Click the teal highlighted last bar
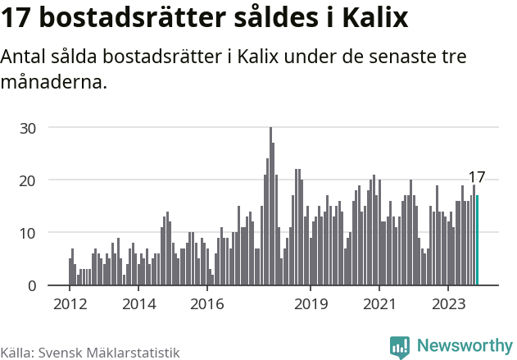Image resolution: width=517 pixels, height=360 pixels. click(x=477, y=240)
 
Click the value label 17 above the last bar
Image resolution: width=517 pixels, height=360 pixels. click(x=477, y=177)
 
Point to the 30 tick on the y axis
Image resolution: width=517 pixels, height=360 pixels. click(x=29, y=128)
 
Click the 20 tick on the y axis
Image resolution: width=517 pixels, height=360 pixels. click(x=29, y=180)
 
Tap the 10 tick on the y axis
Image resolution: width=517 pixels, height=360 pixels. click(x=29, y=233)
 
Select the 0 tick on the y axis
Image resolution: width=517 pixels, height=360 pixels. click(x=33, y=285)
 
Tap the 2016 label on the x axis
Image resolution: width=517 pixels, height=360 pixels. click(x=207, y=304)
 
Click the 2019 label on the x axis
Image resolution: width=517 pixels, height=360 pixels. click(x=311, y=304)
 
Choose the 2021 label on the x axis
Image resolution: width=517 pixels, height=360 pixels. click(x=379, y=304)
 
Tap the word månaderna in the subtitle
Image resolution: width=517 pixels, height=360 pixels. click(x=54, y=83)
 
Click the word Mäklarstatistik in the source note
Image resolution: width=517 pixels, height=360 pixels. click(x=133, y=352)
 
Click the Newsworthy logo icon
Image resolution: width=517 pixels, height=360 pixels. click(x=400, y=347)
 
